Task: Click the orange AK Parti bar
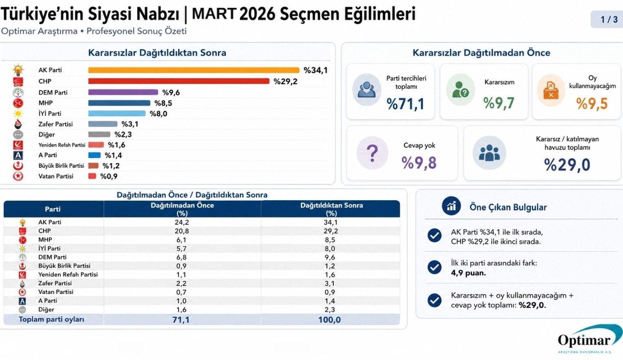pyautogui.click(x=193, y=70)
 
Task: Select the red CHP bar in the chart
pyautogui.click(x=178, y=81)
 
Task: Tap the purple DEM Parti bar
pyautogui.click(x=123, y=92)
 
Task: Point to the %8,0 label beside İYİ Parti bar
pyautogui.click(x=159, y=114)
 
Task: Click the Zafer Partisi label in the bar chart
pyautogui.click(x=56, y=124)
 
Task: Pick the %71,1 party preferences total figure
pyautogui.click(x=405, y=104)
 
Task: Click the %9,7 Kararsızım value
pyautogui.click(x=499, y=103)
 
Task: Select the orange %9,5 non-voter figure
pyautogui.click(x=592, y=103)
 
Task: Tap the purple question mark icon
pyautogui.click(x=372, y=153)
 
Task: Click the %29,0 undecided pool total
pyautogui.click(x=567, y=165)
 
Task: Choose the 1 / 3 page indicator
pyautogui.click(x=609, y=20)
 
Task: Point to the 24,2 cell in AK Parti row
pyautogui.click(x=181, y=222)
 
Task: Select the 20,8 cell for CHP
pyautogui.click(x=181, y=231)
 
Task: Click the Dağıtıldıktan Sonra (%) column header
pyautogui.click(x=331, y=209)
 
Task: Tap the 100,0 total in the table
pyautogui.click(x=329, y=320)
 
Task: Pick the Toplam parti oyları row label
pyautogui.click(x=51, y=319)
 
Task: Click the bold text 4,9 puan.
pyautogui.click(x=468, y=273)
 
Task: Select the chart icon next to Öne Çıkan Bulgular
pyautogui.click(x=451, y=206)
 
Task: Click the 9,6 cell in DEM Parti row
pyautogui.click(x=330, y=257)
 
